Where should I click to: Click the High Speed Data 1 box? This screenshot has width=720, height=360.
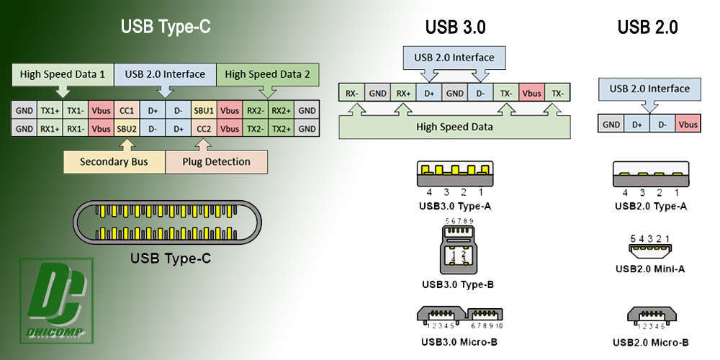tap(63, 74)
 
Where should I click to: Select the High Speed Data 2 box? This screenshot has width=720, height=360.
tap(267, 74)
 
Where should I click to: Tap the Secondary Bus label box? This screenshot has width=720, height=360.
tap(114, 161)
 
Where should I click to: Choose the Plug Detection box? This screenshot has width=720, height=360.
tap(217, 161)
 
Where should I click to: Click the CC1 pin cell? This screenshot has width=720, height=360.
tap(127, 111)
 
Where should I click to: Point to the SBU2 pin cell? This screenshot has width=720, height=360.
tap(127, 128)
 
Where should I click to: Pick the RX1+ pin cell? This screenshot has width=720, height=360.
tap(50, 128)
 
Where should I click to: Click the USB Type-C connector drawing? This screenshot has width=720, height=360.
tap(165, 222)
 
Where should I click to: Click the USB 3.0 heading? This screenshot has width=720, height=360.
tap(455, 27)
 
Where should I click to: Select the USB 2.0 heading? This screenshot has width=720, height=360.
tap(647, 27)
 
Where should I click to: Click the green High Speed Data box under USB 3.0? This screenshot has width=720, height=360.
tap(454, 127)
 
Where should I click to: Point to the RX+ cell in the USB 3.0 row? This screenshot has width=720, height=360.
tap(402, 94)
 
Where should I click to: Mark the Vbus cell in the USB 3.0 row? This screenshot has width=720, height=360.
tap(531, 94)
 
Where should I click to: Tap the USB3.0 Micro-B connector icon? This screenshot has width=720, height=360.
tap(459, 315)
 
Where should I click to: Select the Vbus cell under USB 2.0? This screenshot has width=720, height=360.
tap(688, 124)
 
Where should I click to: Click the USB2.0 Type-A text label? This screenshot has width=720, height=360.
tap(651, 207)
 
